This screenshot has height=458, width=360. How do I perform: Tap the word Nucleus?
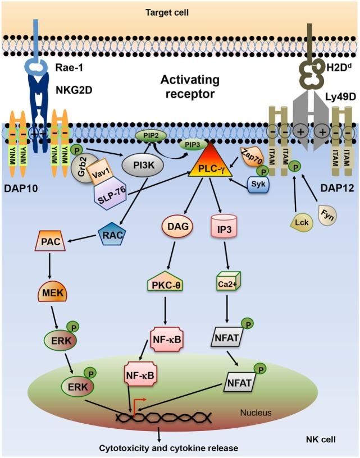(x=256, y=413)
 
